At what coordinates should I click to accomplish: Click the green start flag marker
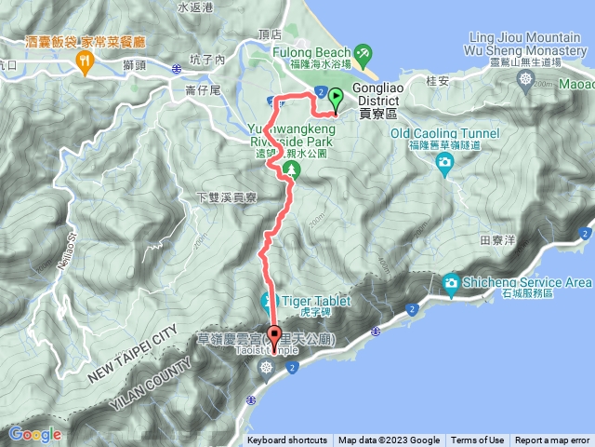(x=334, y=99)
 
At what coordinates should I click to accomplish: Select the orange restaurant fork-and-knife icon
(x=86, y=61)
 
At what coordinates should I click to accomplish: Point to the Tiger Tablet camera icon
(x=270, y=301)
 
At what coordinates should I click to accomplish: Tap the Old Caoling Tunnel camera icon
(x=444, y=163)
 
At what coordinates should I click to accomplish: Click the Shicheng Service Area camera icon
(x=451, y=282)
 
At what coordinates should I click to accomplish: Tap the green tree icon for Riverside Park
(x=291, y=169)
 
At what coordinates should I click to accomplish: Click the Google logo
(x=34, y=434)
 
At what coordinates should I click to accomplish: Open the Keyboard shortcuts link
(x=286, y=440)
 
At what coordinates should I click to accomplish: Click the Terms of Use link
(x=477, y=440)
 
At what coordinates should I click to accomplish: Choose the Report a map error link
(x=552, y=440)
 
